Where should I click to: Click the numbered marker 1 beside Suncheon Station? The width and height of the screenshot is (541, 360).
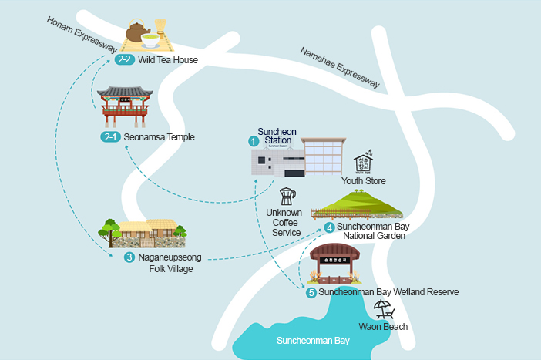[x=253, y=141]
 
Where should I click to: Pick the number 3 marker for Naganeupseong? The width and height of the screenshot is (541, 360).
[x=129, y=257]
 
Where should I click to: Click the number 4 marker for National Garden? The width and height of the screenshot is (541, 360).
[x=329, y=227]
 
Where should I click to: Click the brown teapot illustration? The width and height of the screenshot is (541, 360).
[x=139, y=32]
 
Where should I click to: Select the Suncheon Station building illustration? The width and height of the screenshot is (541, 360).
[x=301, y=160]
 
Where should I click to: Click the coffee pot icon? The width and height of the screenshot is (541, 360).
[x=287, y=196]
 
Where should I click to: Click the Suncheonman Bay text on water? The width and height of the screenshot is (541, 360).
[x=314, y=339]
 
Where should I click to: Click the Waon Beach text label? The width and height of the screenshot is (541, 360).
[x=383, y=326]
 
